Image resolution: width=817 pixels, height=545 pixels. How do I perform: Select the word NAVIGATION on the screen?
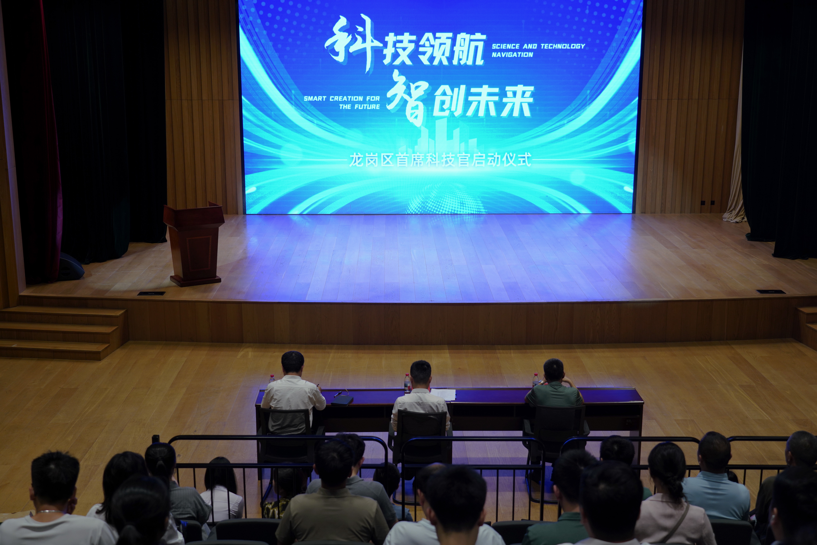point(512,55)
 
